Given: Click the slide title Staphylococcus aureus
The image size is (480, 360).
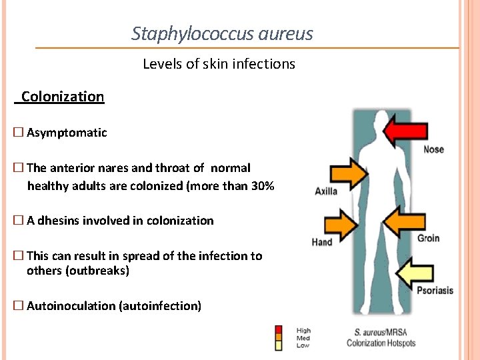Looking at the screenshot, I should coord(222,33).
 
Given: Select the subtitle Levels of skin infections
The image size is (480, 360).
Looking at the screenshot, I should coord(219,64).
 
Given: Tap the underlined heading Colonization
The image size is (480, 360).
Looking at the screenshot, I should coord(62,97).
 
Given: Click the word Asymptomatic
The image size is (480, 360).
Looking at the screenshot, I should coord(67,133).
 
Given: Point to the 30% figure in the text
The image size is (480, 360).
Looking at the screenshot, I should coord(261,186).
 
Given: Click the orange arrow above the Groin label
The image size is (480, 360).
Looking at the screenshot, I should coord(405,222).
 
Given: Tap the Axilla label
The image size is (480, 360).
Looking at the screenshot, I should coord(326,191).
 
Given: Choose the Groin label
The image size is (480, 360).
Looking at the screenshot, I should coord(428,238).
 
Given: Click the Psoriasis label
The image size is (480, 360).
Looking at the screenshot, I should coord(435,291).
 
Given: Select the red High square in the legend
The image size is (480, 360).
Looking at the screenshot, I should coord(279,329).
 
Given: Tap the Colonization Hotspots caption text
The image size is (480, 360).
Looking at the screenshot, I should coord(381,343).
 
